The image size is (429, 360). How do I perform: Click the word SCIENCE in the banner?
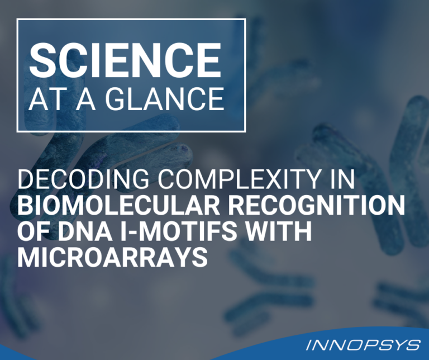[125, 60]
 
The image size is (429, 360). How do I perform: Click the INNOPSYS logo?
[363, 345]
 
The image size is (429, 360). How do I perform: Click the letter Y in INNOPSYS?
[393, 345]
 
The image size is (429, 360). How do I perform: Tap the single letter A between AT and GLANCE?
[85, 99]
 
